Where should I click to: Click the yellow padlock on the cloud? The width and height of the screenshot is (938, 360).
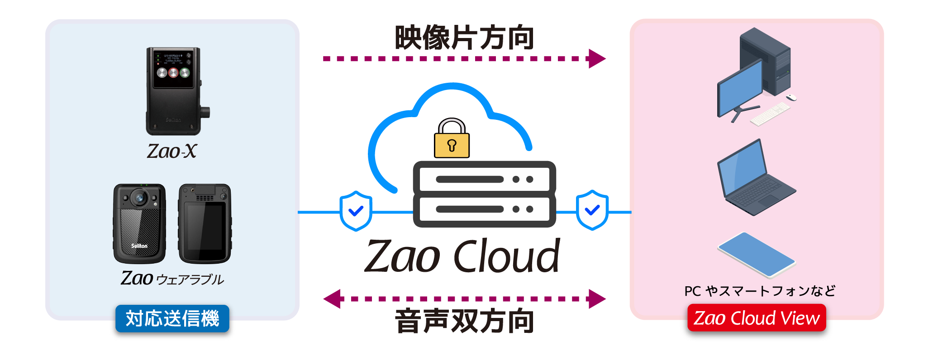pos(452,140)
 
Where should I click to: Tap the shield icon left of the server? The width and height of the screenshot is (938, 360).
pos(356,211)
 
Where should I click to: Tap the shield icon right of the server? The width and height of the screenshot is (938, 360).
pos(592,210)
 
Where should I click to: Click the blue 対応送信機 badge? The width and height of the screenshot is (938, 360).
pos(172,318)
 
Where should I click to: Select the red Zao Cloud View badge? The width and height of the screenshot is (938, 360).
pos(757,318)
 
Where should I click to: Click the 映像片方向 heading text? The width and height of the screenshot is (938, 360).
pos(465,38)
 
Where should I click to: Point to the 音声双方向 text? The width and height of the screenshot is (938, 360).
pos(465,321)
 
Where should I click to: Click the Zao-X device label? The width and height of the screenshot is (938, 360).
pos(172,151)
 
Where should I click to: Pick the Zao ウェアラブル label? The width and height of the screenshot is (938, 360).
pos(172,279)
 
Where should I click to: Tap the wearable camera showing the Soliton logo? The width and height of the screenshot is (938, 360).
pos(139,223)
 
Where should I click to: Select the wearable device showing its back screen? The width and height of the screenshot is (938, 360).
pos(205,223)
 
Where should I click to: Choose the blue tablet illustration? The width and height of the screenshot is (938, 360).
pos(756,255)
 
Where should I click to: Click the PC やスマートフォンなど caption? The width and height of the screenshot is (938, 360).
pos(760,291)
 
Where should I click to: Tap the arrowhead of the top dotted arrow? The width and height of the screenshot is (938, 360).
pos(597,59)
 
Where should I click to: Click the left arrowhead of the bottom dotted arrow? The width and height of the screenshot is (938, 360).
pos(333,299)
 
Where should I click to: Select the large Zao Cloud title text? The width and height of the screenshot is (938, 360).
pos(462,257)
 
